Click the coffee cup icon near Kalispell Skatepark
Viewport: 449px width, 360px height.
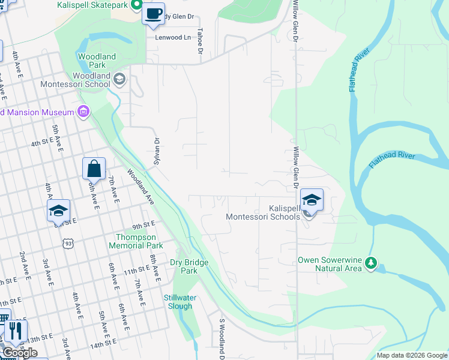tap(153, 13)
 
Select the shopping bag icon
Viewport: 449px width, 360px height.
tap(94, 169)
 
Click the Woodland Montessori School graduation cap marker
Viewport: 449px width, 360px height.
tap(119, 79)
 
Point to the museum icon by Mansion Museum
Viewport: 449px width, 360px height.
tap(83, 112)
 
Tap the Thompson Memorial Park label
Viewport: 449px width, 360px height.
tap(135, 241)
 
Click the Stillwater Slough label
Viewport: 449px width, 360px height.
tap(178, 302)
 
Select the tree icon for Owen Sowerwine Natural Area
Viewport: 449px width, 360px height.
tap(371, 262)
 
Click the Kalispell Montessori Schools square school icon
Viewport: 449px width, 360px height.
tap(312, 199)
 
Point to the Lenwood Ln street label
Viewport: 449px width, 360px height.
tap(172, 37)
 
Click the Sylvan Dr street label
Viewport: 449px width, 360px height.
tap(157, 149)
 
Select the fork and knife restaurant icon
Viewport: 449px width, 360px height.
tap(16, 331)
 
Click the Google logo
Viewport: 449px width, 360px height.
tap(20, 353)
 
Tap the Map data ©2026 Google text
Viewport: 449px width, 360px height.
tap(411, 355)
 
